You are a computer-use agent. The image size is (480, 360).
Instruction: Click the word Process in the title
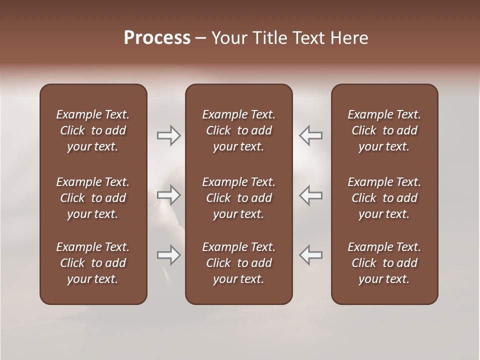pyautogui.click(x=157, y=38)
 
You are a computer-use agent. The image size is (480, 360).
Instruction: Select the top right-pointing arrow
pyautogui.click(x=168, y=135)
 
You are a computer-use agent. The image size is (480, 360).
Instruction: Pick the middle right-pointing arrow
pyautogui.click(x=168, y=195)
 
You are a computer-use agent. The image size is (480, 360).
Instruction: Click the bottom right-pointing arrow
pyautogui.click(x=168, y=255)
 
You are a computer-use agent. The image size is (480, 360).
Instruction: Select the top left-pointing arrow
pyautogui.click(x=310, y=135)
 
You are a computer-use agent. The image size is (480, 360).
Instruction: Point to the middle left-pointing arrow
pyautogui.click(x=310, y=195)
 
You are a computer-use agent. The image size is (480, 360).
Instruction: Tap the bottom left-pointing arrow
pyautogui.click(x=310, y=255)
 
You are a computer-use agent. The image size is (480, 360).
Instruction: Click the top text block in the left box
pyautogui.click(x=93, y=130)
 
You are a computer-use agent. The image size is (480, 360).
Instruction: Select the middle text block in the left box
pyautogui.click(x=93, y=198)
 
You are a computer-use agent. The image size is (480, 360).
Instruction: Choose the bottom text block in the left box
pyautogui.click(x=93, y=263)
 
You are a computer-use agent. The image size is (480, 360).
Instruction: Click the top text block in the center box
pyautogui.click(x=238, y=130)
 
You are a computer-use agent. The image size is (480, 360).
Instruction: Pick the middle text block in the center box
pyautogui.click(x=238, y=198)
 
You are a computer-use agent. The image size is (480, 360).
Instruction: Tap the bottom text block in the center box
pyautogui.click(x=238, y=263)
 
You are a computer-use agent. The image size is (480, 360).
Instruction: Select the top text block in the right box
pyautogui.click(x=384, y=130)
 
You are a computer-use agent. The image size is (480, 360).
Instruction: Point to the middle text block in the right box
pyautogui.click(x=384, y=198)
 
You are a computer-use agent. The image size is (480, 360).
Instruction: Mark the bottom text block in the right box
pyautogui.click(x=384, y=263)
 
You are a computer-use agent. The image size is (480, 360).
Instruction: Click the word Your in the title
pyautogui.click(x=227, y=38)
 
